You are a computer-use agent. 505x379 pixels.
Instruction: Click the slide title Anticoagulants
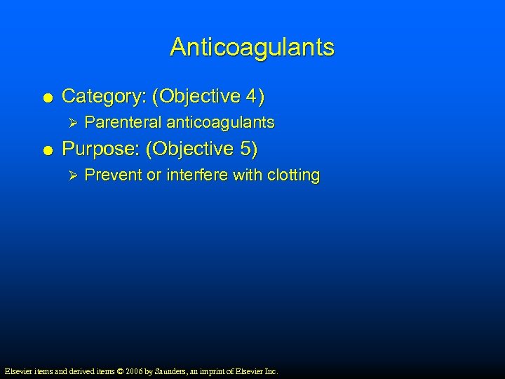click(x=252, y=48)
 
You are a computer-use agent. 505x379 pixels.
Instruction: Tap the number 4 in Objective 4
click(x=253, y=95)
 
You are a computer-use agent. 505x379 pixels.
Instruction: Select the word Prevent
click(x=112, y=175)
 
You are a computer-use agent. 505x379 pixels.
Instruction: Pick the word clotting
click(x=292, y=175)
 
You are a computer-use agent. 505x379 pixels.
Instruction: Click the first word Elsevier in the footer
click(x=18, y=371)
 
